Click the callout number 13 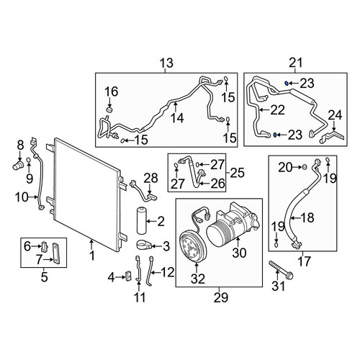(166, 63)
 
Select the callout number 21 (296, 63)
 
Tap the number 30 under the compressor (239, 253)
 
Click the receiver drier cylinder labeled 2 (141, 220)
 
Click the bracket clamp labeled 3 (144, 245)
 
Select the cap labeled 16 (109, 111)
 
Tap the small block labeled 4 (128, 276)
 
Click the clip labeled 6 (45, 246)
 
